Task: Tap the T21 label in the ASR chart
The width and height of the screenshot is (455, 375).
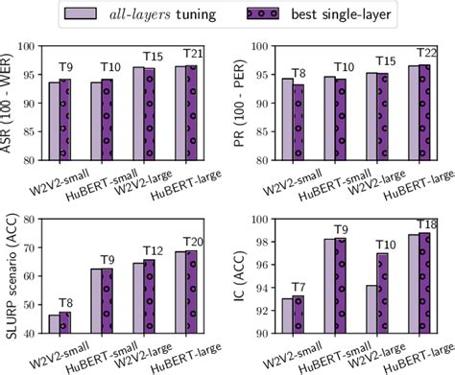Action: (x=195, y=53)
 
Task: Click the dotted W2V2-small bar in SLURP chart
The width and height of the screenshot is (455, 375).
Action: (x=64, y=326)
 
